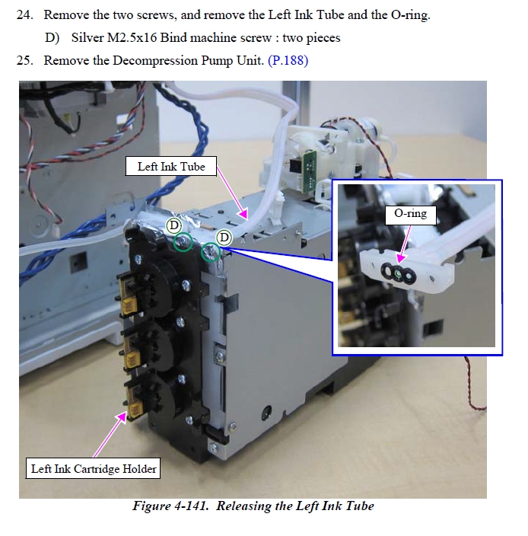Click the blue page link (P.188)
click(288, 60)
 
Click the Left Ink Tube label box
click(171, 167)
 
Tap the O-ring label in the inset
click(411, 214)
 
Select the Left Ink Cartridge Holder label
click(94, 469)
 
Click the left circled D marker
click(173, 225)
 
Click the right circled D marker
click(224, 238)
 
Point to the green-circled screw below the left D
click(183, 241)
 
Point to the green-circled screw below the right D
click(211, 253)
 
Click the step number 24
click(25, 15)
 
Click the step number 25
click(25, 60)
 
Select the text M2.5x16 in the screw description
click(132, 37)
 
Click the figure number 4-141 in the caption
click(191, 506)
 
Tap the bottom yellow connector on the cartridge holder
click(135, 409)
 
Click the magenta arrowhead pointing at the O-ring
click(401, 258)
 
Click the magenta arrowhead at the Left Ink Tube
click(243, 214)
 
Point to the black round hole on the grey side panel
click(266, 412)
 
